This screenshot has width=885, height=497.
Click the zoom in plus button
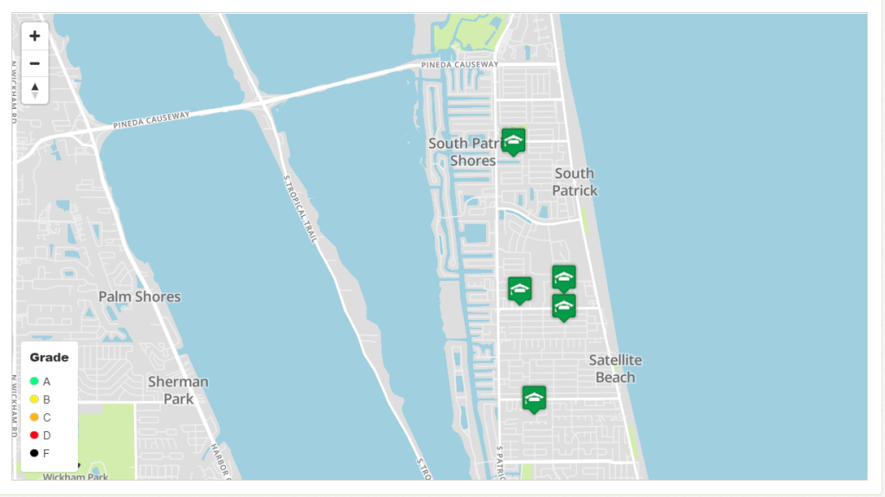(35, 36)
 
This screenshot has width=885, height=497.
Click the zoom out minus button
(35, 63)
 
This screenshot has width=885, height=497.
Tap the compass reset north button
(35, 90)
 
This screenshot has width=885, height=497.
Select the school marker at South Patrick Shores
(513, 141)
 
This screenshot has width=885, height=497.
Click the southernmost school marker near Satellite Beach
(534, 398)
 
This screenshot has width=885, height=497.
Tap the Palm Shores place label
(139, 296)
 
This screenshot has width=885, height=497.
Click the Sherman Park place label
(178, 390)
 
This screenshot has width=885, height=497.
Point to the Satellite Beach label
(615, 368)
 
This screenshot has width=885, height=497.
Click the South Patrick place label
(575, 182)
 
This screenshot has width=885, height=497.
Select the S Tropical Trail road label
(299, 207)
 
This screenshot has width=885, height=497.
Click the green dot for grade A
(35, 381)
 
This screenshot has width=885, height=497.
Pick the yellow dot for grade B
(35, 399)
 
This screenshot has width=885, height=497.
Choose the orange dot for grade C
(35, 417)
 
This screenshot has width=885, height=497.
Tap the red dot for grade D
(35, 436)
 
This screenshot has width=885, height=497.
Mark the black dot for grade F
(35, 453)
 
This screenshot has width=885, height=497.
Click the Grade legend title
(49, 357)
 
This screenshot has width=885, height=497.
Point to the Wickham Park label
(75, 476)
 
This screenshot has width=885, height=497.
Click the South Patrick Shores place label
(467, 152)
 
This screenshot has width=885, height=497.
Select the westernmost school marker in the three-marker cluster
(519, 290)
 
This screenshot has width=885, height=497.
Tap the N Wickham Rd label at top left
(15, 91)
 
